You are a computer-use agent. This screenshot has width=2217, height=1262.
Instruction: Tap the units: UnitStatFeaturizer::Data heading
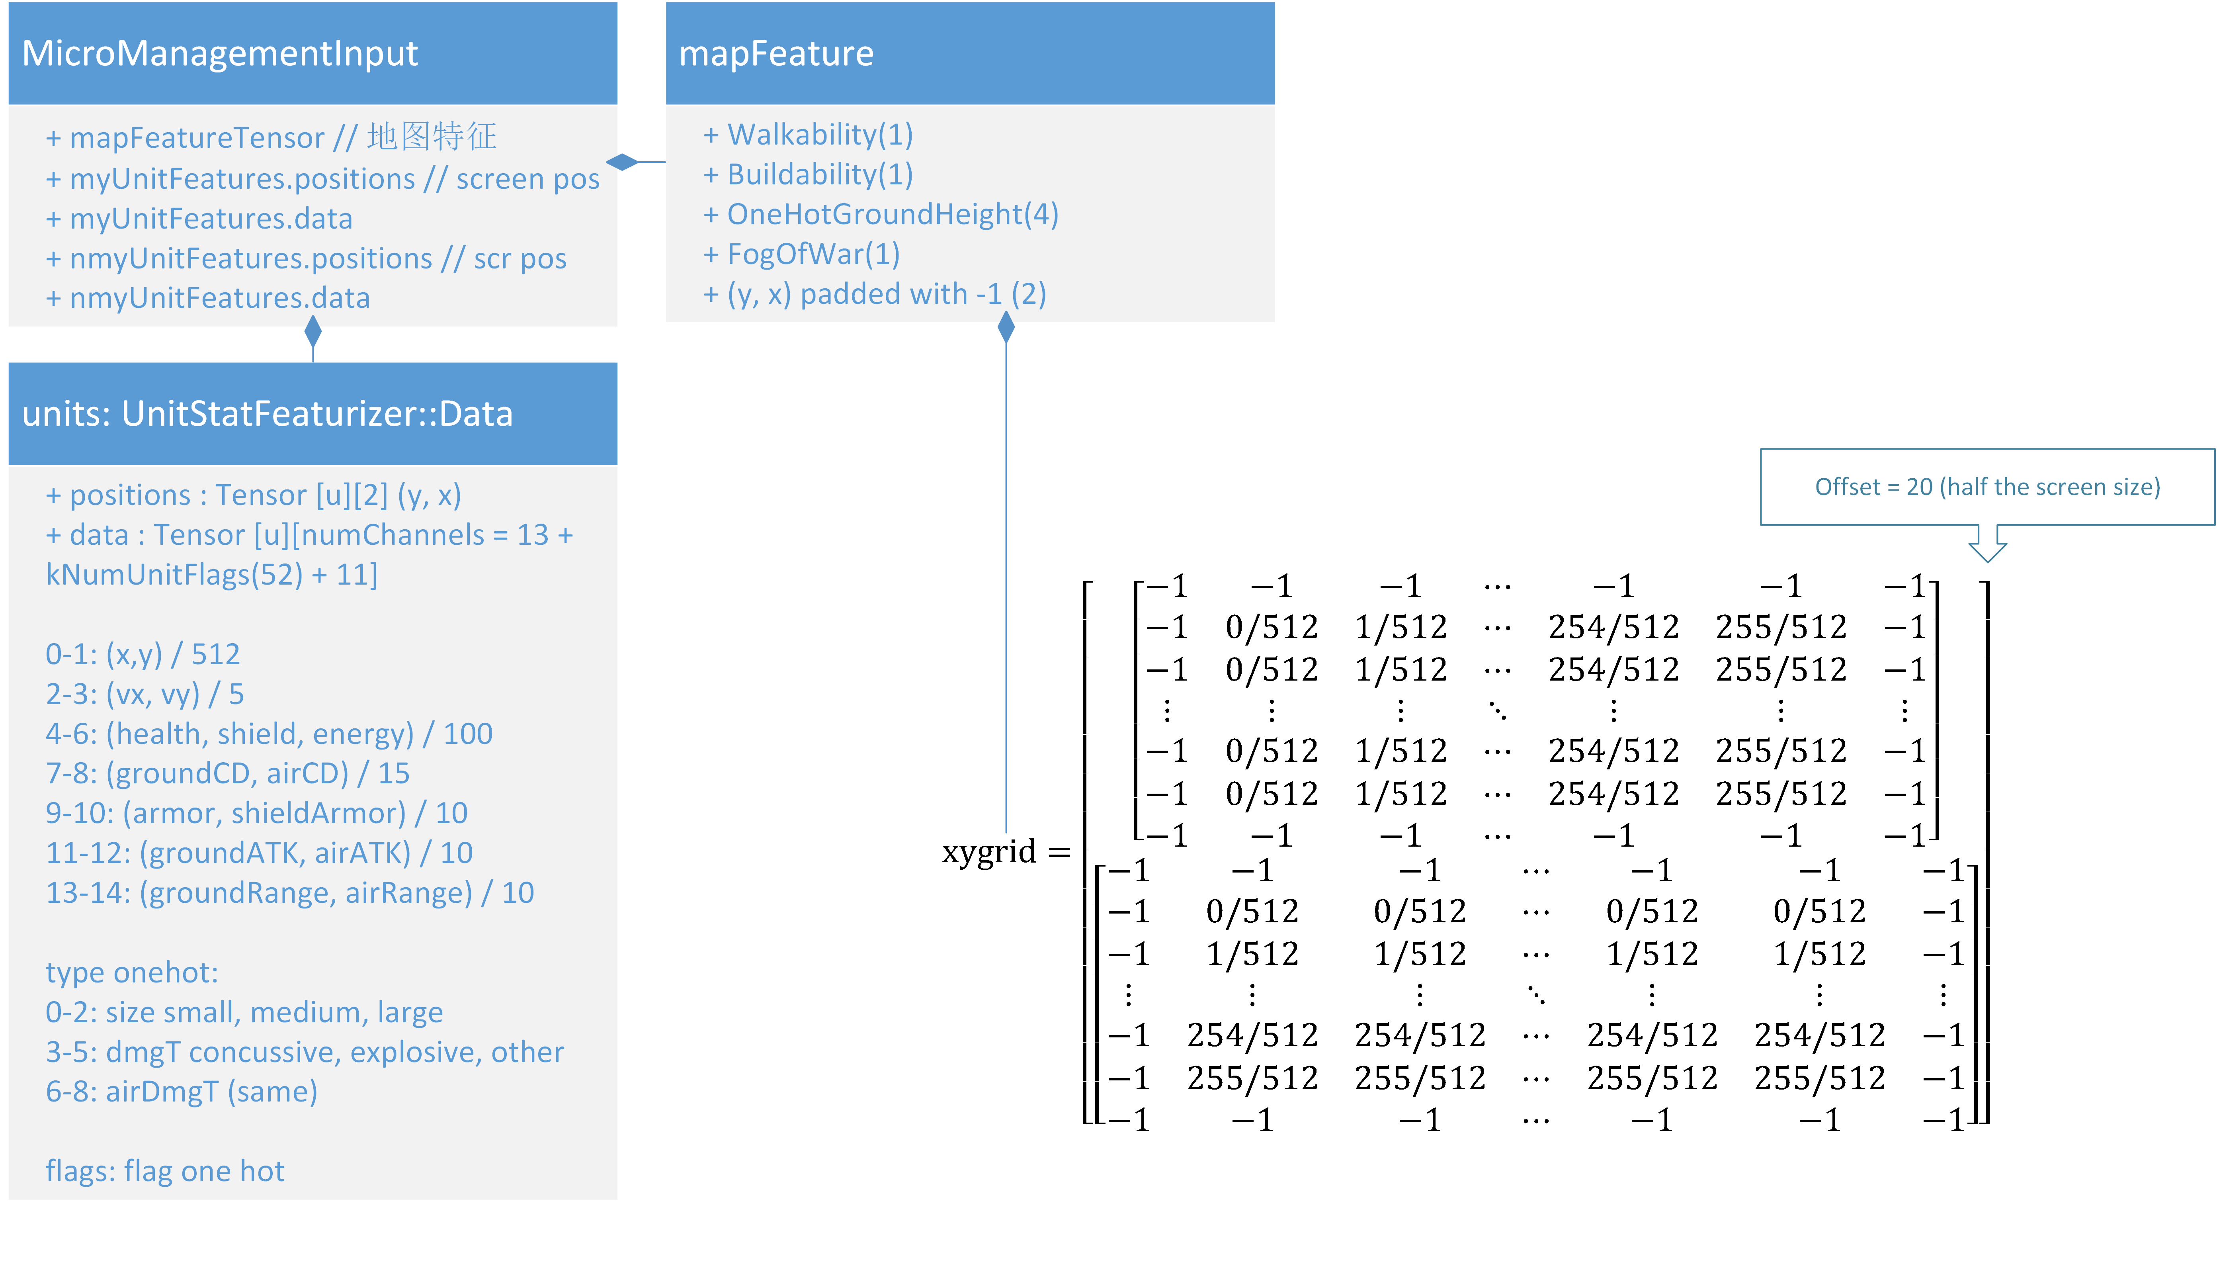(x=267, y=414)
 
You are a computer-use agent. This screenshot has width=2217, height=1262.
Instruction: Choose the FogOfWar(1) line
(x=801, y=254)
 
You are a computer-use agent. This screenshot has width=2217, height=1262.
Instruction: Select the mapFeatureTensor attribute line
(x=270, y=137)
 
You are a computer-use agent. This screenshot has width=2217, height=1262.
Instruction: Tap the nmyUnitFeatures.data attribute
(x=208, y=298)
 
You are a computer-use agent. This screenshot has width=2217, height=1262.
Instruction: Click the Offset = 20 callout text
(x=1987, y=487)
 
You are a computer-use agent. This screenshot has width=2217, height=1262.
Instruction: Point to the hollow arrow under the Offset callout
(x=1987, y=546)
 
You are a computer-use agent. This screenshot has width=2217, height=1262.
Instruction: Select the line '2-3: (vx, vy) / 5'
(x=145, y=694)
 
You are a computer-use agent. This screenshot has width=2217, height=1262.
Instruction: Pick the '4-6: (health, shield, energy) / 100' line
(x=269, y=734)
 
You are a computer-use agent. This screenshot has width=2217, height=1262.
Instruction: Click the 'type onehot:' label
(x=132, y=972)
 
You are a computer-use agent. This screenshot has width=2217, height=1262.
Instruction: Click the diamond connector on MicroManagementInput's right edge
(x=622, y=162)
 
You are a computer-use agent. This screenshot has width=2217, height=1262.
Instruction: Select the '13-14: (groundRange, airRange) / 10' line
(x=289, y=893)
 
